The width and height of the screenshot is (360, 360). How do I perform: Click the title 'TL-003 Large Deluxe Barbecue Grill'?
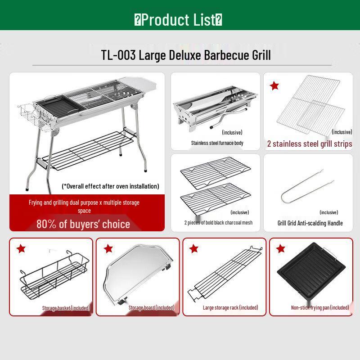tap(186, 55)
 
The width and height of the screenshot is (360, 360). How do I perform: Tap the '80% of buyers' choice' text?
tap(83, 224)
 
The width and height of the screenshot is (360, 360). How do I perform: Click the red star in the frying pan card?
tap(281, 249)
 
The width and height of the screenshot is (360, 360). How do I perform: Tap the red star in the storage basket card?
tap(21, 249)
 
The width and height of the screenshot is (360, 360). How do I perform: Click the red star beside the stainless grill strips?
tap(274, 85)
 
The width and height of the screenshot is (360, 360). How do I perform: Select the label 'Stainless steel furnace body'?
tap(217, 143)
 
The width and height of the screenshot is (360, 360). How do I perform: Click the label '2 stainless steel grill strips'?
tap(310, 144)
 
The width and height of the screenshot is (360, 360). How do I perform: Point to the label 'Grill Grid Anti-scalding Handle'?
tap(310, 223)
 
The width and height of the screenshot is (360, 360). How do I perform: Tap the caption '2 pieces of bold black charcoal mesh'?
tap(218, 223)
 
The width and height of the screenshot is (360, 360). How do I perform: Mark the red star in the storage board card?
tap(108, 249)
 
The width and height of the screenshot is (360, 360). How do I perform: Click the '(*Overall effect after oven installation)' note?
tap(110, 186)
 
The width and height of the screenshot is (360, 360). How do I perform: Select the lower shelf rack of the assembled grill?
tap(88, 151)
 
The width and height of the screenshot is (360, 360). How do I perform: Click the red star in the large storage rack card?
tap(194, 249)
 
